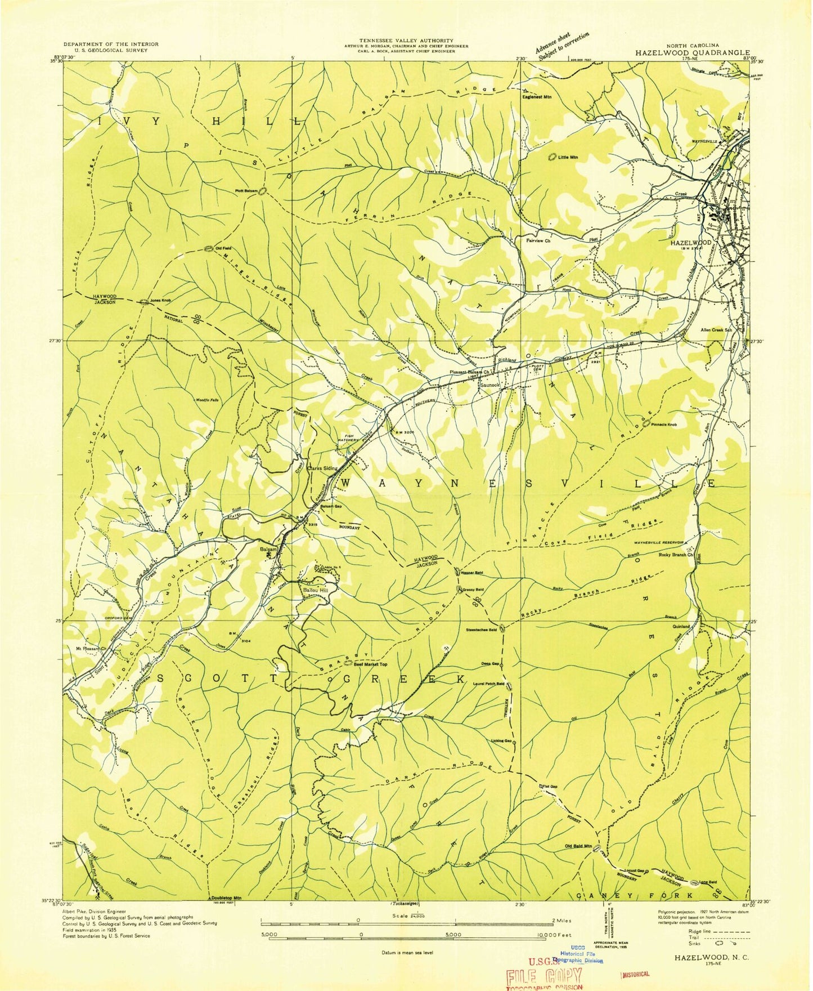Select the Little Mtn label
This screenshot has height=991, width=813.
pos(568,158)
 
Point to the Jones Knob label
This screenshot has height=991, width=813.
pos(160,301)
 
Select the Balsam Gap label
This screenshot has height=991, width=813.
pos(331,506)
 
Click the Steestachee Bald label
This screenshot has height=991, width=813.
pos(481,630)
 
